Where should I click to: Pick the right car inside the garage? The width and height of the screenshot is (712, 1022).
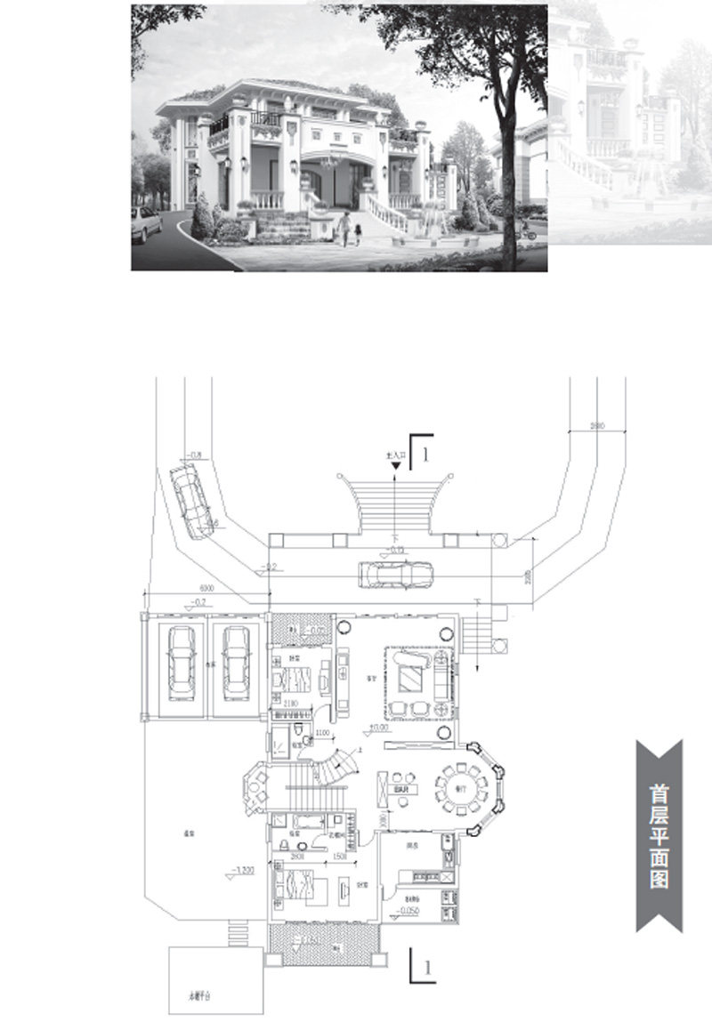click(236, 663)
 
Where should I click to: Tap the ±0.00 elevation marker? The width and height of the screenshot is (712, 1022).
click(381, 728)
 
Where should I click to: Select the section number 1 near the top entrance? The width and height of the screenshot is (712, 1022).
click(427, 455)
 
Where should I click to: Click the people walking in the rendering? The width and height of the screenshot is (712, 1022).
click(349, 230)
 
